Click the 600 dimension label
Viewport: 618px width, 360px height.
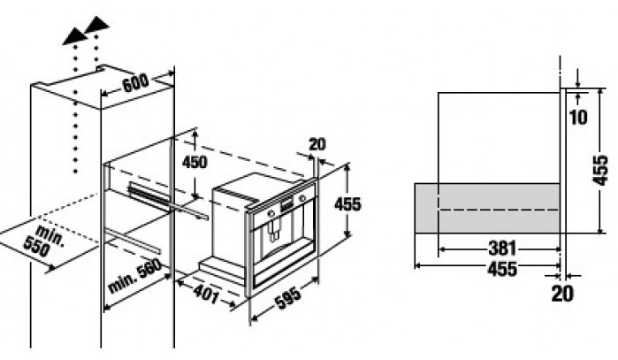click(135, 83)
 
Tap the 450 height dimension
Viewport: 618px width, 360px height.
click(195, 162)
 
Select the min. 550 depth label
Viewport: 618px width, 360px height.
click(43, 241)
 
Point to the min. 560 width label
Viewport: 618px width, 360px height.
click(134, 276)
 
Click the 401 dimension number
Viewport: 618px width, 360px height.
click(205, 294)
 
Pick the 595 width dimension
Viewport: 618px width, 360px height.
click(287, 296)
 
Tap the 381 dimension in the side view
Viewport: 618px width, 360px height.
click(502, 249)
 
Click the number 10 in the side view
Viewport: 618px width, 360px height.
click(578, 117)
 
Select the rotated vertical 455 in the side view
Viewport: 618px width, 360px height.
click(600, 171)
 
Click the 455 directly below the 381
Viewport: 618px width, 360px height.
click(501, 269)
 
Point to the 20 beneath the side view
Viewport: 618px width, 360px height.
click(562, 294)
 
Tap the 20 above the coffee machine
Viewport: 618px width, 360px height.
click(317, 144)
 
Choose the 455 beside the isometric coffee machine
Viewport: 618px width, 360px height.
click(347, 204)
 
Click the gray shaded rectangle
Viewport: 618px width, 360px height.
click(487, 208)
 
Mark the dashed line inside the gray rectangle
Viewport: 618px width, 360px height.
click(500, 210)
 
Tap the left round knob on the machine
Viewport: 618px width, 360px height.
click(271, 213)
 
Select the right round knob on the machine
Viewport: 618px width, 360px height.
click(302, 197)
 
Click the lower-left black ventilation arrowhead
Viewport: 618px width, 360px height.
click(75, 37)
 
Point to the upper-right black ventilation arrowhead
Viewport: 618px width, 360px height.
click(96, 25)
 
